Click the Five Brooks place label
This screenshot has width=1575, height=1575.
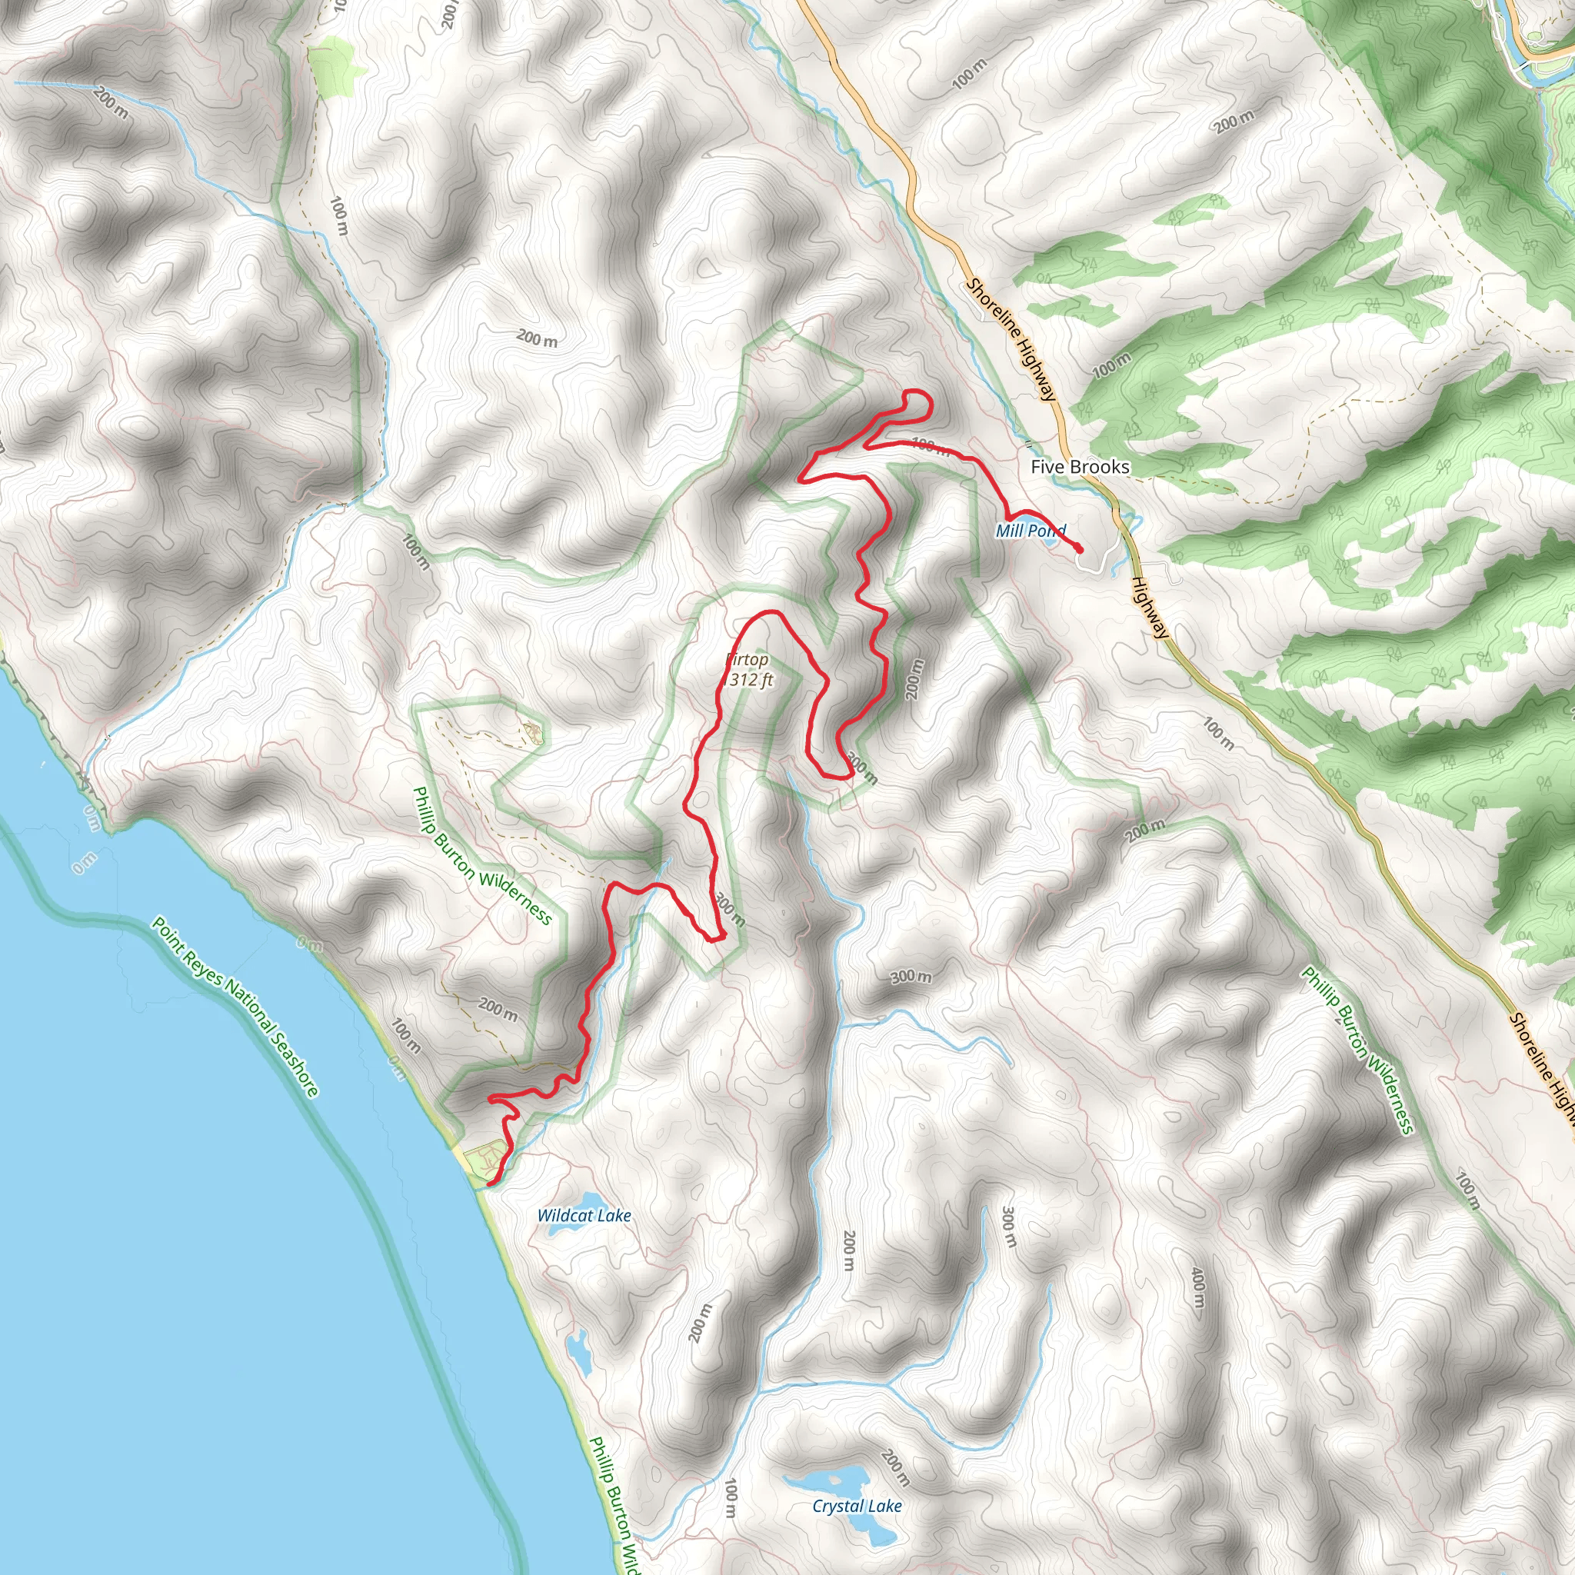tap(1081, 466)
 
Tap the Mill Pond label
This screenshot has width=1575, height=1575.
tap(1031, 531)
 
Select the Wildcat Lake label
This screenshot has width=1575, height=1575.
tap(584, 1216)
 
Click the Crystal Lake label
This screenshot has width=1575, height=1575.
tap(857, 1506)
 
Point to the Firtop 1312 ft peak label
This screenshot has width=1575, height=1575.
tap(748, 669)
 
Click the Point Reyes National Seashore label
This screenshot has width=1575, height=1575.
tap(235, 1007)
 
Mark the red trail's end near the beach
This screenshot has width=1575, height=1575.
tap(489, 1183)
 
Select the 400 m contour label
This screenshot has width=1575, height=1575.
tap(1197, 1287)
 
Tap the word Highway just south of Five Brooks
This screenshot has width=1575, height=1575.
tap(1150, 608)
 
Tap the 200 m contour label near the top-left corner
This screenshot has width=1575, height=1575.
tap(110, 102)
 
